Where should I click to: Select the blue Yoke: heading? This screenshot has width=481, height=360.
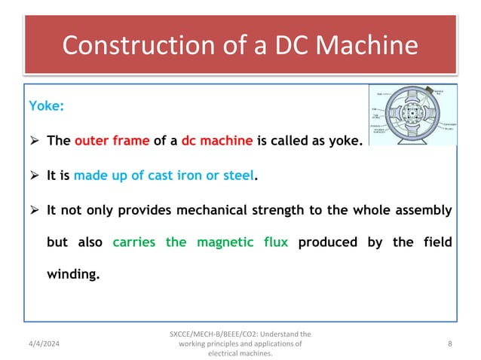pos(45,106)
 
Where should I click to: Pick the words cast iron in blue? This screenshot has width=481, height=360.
pos(178,176)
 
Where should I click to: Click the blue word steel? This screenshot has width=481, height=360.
pos(238,176)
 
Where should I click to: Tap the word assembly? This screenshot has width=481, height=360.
pos(422,211)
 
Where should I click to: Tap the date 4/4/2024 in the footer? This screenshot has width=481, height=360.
pos(47,343)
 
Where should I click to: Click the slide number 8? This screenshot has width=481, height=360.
pos(449,343)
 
